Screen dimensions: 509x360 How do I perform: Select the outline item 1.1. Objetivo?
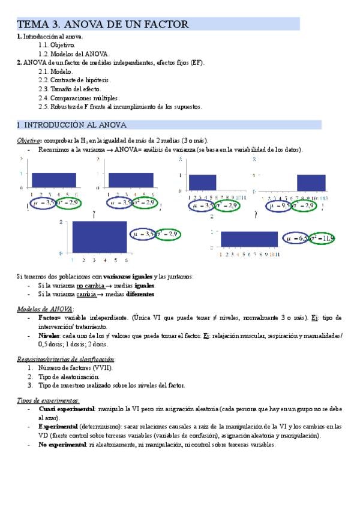pyautogui.click(x=57, y=45)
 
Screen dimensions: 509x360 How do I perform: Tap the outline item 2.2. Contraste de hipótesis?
pyautogui.click(x=74, y=80)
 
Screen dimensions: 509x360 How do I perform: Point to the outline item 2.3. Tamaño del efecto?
pyautogui.click(x=71, y=89)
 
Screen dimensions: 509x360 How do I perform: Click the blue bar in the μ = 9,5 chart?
pyautogui.click(x=311, y=182)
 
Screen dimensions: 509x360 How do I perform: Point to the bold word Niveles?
pyautogui.click(x=49, y=336)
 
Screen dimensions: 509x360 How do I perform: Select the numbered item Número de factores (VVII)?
pyautogui.click(x=75, y=367)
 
